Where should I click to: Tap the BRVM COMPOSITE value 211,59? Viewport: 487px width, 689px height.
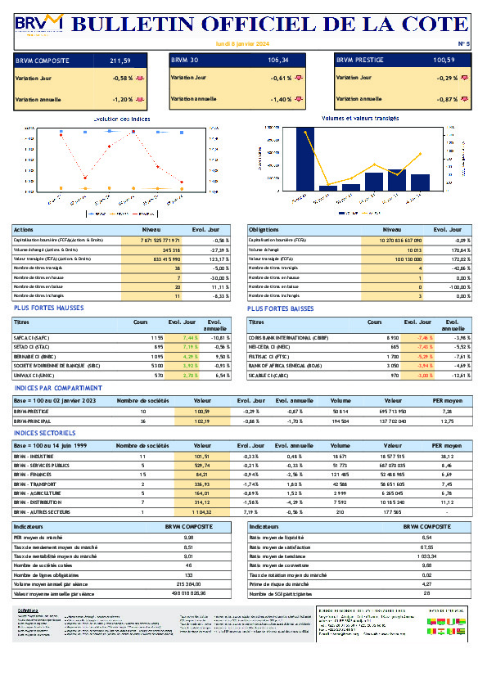point(120,61)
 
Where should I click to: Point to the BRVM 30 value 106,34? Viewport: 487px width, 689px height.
point(277,61)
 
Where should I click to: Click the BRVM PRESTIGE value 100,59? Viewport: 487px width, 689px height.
point(444,61)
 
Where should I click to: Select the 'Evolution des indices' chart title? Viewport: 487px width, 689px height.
point(122,119)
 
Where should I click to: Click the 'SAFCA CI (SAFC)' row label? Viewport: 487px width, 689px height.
point(32,337)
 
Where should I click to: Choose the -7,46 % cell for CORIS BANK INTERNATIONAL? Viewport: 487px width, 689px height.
point(424,337)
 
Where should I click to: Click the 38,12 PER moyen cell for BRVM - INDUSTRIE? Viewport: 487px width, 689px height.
point(447,456)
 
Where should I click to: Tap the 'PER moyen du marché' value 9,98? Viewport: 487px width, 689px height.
point(189,538)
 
